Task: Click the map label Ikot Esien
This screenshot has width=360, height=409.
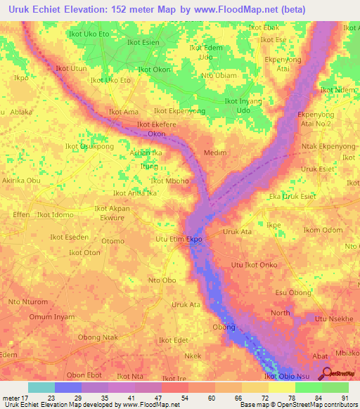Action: click(x=143, y=42)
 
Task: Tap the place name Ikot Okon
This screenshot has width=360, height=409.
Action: click(x=155, y=70)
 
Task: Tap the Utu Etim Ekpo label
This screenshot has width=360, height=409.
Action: click(x=179, y=239)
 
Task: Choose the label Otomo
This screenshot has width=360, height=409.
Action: click(x=113, y=240)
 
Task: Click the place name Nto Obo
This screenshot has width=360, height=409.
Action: click(x=162, y=280)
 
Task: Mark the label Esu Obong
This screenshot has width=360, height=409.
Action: click(x=293, y=292)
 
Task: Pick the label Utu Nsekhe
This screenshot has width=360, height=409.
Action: click(x=333, y=319)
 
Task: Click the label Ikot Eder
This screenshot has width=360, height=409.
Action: click(x=174, y=340)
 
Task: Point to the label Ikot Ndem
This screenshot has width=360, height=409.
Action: click(x=337, y=90)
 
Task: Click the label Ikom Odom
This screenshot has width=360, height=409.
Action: click(x=323, y=230)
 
